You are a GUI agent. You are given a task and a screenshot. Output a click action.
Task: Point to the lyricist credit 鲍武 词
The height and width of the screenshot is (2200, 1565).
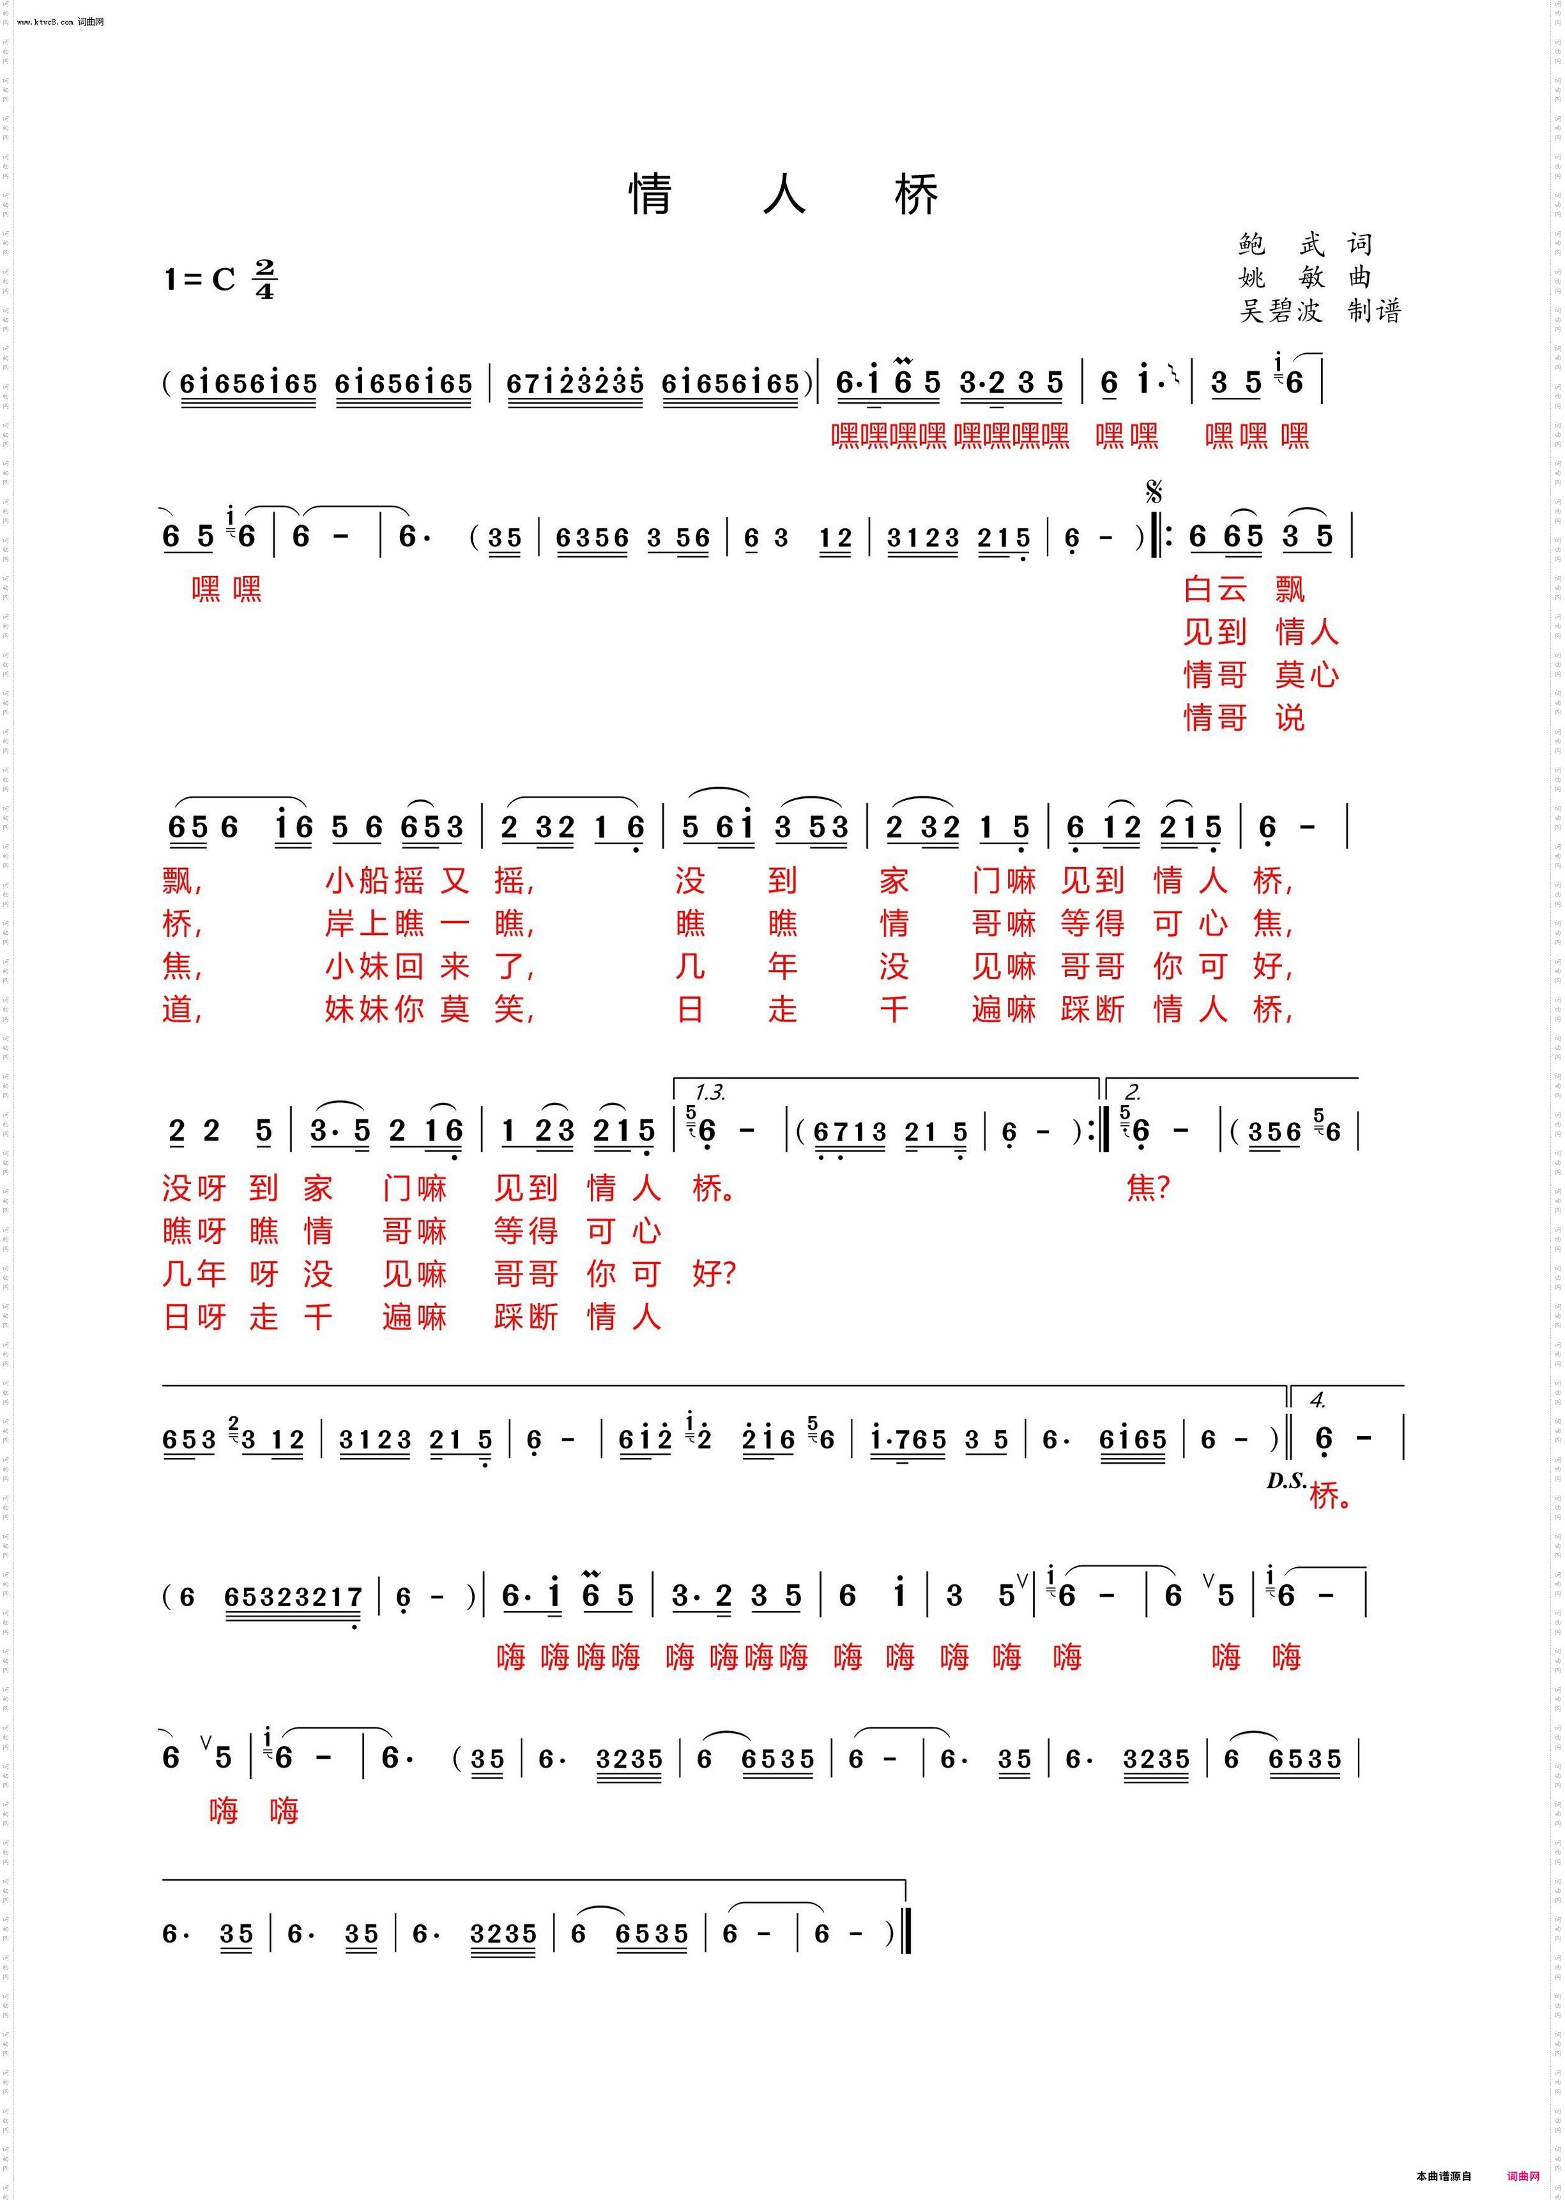(x=1305, y=245)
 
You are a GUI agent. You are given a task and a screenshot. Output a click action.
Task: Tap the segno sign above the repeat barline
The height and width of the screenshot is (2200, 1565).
(x=1154, y=493)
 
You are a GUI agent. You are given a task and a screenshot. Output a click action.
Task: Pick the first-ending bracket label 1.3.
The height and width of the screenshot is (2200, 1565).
(x=710, y=1092)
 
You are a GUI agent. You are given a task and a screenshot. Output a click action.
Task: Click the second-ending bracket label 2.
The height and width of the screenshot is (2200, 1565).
(x=1133, y=1092)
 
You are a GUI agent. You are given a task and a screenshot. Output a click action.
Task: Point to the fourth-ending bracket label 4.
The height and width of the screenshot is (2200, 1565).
(x=1317, y=1400)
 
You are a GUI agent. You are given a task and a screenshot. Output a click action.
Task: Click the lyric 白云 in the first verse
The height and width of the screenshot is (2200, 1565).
(x=1214, y=589)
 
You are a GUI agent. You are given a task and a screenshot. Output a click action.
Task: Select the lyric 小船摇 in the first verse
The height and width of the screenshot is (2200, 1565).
(x=374, y=881)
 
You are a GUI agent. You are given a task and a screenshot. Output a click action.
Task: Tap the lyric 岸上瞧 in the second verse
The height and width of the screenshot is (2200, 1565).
(x=374, y=923)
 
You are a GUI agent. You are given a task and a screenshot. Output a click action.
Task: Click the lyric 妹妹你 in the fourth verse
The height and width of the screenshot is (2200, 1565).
(x=374, y=1010)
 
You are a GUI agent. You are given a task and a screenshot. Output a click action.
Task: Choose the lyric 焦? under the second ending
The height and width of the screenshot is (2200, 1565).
(x=1147, y=1188)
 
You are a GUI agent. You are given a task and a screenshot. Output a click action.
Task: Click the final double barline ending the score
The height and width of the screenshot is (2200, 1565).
(x=907, y=1932)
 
